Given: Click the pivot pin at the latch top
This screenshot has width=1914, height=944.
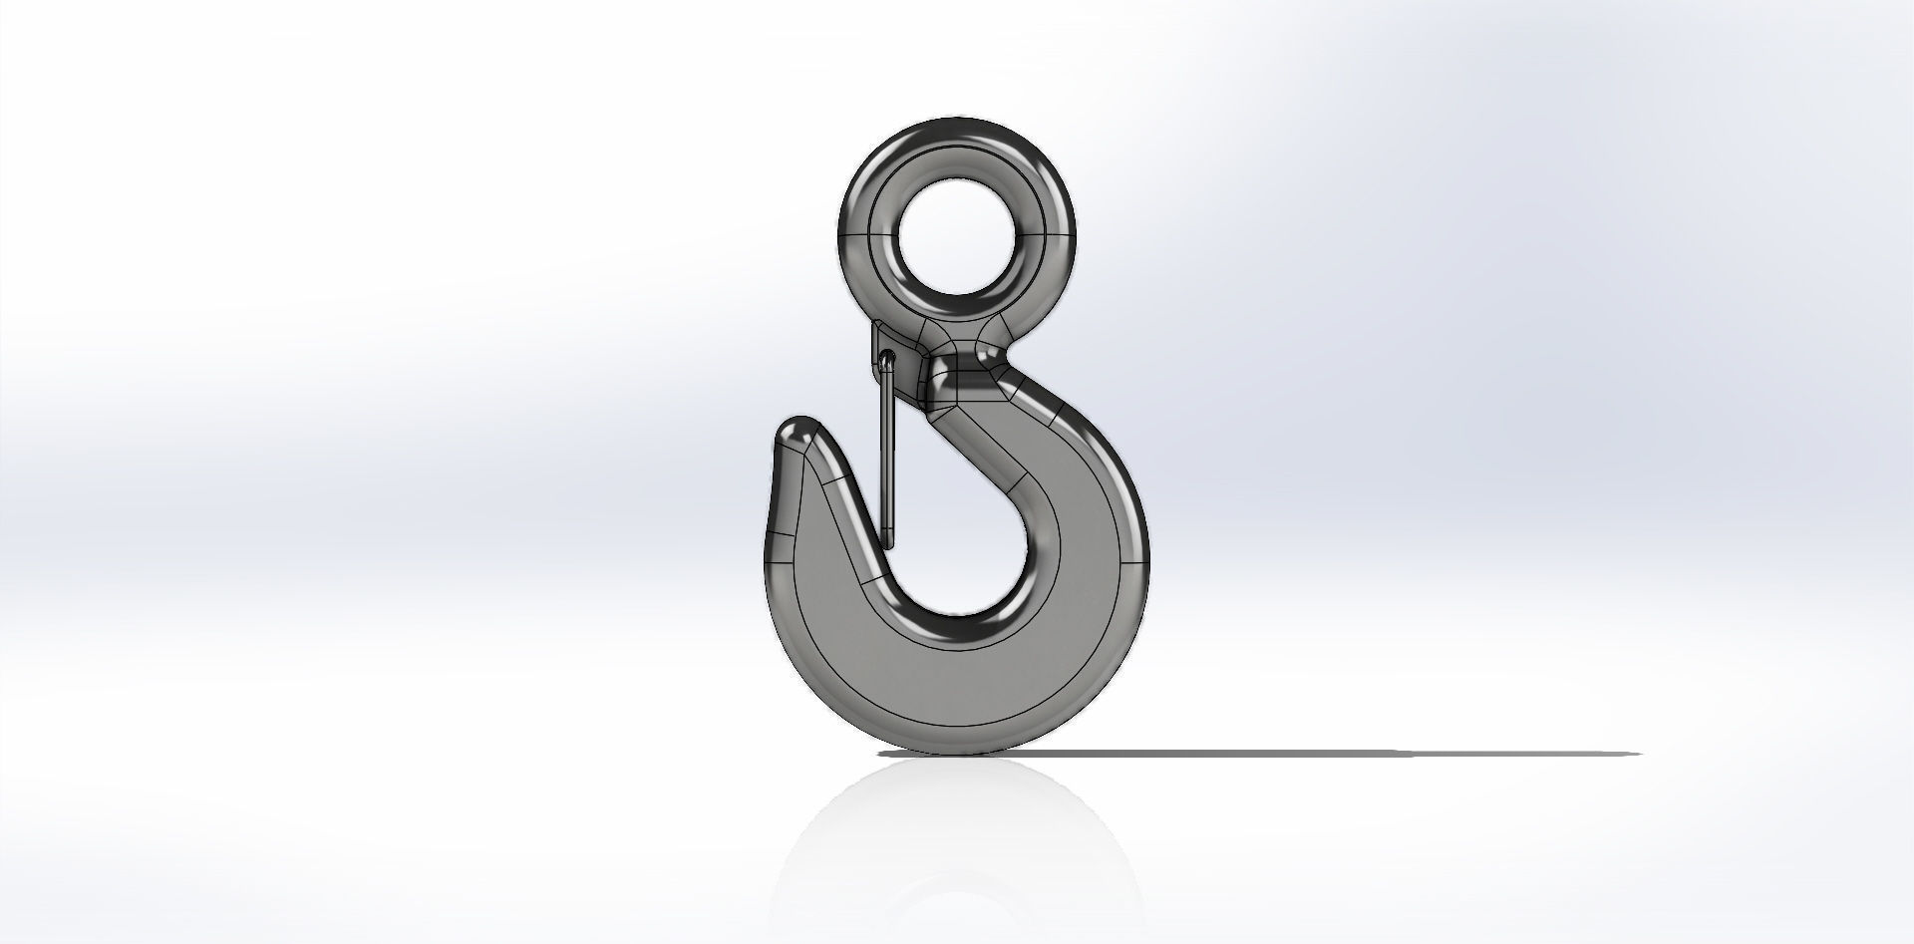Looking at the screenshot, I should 889,358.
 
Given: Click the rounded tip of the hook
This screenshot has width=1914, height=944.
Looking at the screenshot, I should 797,432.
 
